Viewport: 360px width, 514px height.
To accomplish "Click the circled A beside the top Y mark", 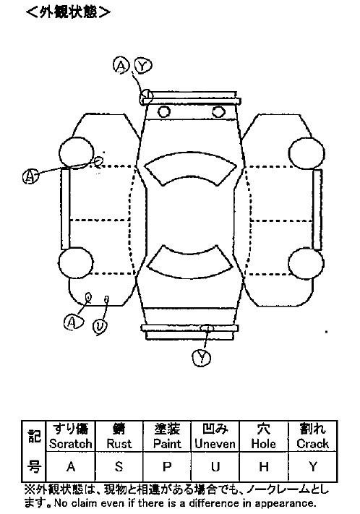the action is [121, 66].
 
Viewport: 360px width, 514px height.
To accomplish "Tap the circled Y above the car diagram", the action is [142, 67].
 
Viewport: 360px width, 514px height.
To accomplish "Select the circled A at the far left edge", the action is [30, 176].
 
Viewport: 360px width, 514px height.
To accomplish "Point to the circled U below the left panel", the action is [100, 327].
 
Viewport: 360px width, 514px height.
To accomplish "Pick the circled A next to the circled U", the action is [73, 322].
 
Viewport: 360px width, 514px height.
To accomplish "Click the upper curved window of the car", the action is [190, 169].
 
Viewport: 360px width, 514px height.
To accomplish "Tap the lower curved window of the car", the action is [190, 262].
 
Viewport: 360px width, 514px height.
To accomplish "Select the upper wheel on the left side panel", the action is [77, 153].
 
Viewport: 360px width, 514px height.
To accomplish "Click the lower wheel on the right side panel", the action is [306, 263].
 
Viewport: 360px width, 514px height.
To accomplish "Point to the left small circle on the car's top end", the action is [163, 112].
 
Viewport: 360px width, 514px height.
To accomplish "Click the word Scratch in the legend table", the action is [71, 444].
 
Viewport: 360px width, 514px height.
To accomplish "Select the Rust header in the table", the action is [119, 444].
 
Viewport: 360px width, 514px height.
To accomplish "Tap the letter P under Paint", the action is [167, 466].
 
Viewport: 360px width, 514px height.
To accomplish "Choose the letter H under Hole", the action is [264, 466].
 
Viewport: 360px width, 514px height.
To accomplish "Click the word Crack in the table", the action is [312, 444].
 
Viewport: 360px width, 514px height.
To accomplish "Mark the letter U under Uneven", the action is [215, 466].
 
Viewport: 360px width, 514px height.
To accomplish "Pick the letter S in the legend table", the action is [119, 466].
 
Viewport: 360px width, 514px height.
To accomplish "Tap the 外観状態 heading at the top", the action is [68, 12].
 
